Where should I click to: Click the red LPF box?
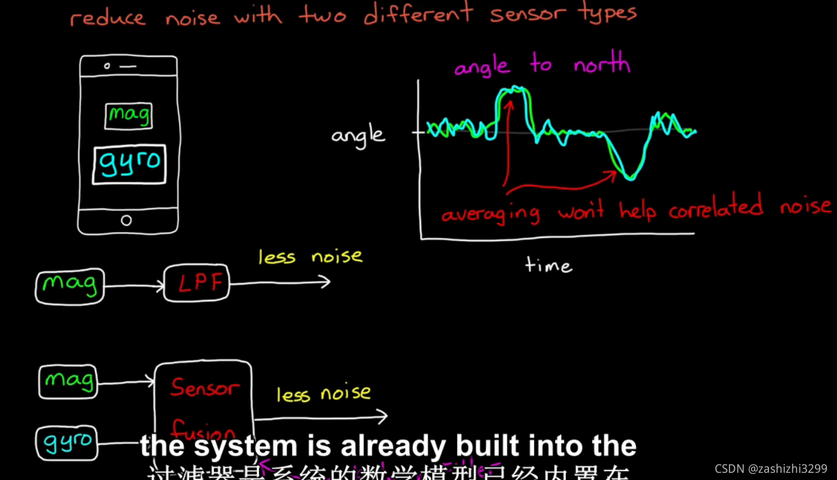coord(196,283)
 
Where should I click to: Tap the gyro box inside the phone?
coord(129,163)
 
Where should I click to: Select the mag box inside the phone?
coord(128,115)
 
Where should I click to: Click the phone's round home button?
coord(126,220)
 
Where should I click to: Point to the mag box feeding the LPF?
coord(70,286)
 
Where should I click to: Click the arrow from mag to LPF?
coord(134,286)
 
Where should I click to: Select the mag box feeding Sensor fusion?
coord(68,381)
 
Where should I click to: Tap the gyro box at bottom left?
coord(66,443)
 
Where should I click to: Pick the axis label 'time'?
coord(548,265)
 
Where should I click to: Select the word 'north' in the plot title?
coord(601,64)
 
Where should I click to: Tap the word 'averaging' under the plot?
coord(490,213)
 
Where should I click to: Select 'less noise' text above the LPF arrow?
coord(310,257)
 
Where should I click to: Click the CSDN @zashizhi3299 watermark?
coord(771,468)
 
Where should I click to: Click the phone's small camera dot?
coord(107,66)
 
